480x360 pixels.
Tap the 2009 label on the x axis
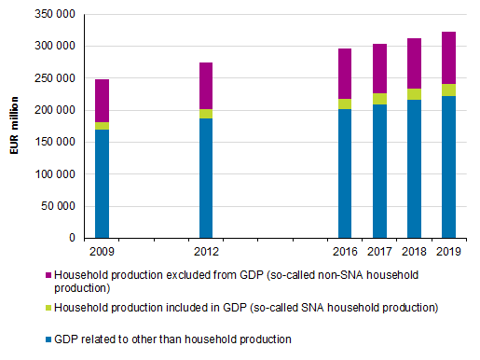102,251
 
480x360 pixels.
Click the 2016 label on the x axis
345,251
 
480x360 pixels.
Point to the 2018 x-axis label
414,251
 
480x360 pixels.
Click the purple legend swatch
48,275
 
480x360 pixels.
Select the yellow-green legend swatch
48,307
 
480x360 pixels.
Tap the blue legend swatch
48,339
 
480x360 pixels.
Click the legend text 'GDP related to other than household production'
173,339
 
